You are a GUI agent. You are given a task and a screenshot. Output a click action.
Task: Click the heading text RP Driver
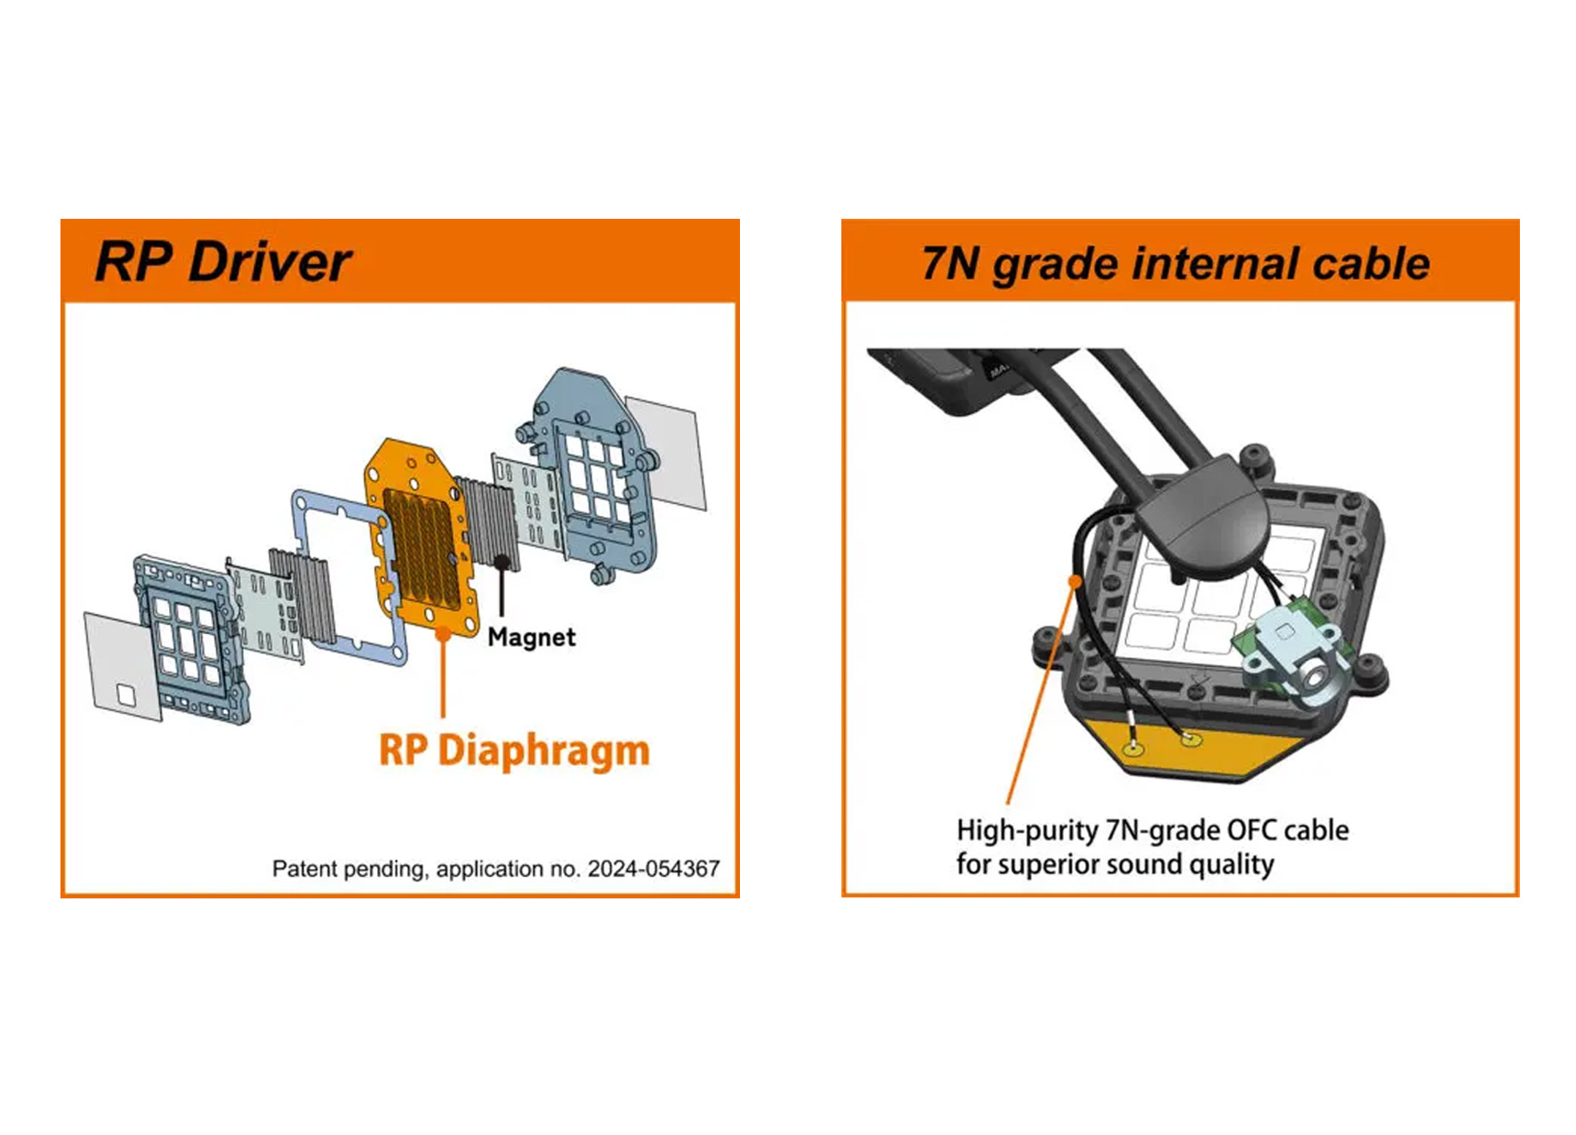(223, 262)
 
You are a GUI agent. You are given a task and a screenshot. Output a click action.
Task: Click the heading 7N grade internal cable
(1176, 264)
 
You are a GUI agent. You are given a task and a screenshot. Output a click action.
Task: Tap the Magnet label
(532, 637)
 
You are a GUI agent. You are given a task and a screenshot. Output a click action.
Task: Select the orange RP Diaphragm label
(514, 751)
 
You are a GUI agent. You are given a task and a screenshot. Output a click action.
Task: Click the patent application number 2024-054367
(654, 869)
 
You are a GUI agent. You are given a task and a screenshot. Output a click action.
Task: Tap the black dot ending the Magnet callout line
(503, 562)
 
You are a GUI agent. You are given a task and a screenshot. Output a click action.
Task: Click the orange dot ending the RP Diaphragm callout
(443, 633)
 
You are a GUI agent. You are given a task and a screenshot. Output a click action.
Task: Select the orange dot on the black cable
(1076, 582)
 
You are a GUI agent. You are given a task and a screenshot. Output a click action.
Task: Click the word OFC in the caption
(1252, 830)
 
